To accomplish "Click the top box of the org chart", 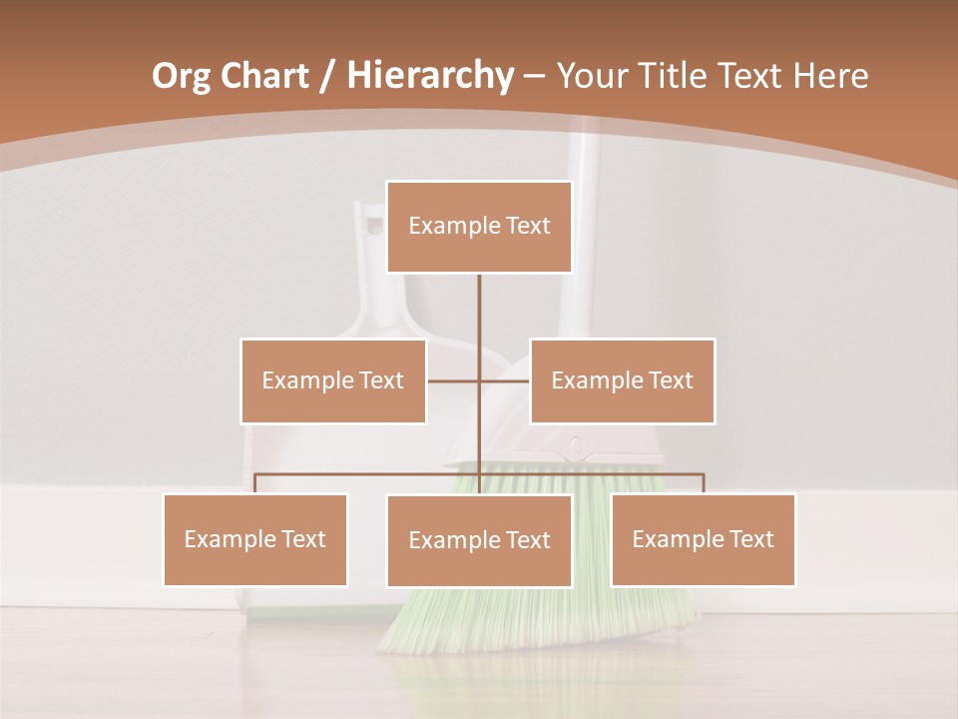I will coord(479,227).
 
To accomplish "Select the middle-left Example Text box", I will coord(333,380).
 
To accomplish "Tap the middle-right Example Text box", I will coord(622,380).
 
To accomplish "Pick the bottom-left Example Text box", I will coord(255,539).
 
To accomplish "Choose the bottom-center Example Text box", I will coord(479,540).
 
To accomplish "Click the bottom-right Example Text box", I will coord(703,539).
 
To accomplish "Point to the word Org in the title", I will coord(181,76).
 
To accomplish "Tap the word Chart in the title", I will coord(265,76).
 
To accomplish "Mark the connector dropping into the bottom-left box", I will coord(255,483).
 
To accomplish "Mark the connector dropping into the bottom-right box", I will coord(704,483).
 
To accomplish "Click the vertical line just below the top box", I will coord(479,305).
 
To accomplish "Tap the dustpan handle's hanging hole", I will coord(375,225).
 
